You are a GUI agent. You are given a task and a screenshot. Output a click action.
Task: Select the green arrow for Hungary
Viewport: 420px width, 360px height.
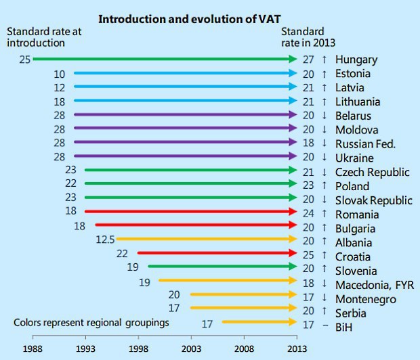click(x=163, y=60)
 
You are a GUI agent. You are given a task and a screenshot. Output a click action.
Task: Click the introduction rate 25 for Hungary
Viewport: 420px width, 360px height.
click(x=25, y=60)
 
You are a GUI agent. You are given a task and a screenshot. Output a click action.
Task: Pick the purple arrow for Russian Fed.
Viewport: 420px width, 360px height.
click(x=183, y=143)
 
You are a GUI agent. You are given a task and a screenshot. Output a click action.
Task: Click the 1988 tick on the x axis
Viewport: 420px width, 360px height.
click(x=33, y=348)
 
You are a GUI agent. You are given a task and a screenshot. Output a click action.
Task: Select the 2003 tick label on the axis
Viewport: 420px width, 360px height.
click(x=191, y=348)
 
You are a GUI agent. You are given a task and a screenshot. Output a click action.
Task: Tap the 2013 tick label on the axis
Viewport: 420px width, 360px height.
click(x=297, y=348)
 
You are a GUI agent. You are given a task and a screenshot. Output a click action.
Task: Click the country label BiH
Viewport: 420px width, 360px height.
click(x=344, y=327)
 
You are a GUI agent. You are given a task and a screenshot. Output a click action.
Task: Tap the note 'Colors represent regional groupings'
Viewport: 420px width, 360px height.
click(x=91, y=323)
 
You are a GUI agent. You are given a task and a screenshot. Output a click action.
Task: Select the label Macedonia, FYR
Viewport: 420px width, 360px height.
click(x=374, y=284)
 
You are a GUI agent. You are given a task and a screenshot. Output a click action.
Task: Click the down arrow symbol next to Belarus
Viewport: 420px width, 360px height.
click(x=324, y=116)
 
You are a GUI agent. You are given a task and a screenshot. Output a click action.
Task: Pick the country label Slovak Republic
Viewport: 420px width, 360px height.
click(x=373, y=200)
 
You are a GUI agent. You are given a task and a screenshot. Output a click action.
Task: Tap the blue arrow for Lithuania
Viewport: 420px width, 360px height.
click(x=183, y=102)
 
